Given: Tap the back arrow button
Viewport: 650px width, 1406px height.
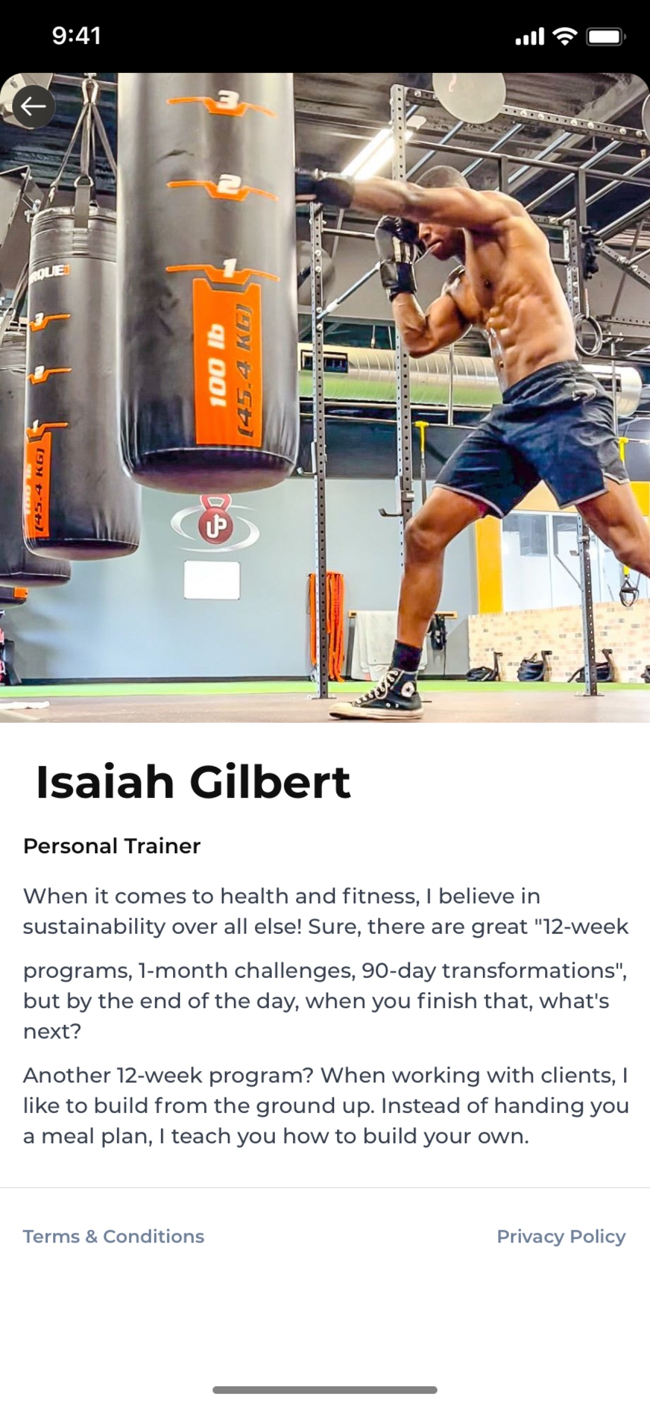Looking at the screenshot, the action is point(33,106).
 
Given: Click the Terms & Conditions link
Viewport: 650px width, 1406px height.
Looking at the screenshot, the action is point(113,1236).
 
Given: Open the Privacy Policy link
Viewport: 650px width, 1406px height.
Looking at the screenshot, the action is point(561,1236).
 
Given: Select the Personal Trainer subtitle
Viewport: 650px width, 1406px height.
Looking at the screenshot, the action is point(112,846).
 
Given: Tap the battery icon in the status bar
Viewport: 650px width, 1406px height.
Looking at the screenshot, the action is point(606,36).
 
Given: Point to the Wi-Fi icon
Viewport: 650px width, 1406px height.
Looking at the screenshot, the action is point(565,36).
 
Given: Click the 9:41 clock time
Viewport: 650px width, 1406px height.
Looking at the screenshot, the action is point(77,36).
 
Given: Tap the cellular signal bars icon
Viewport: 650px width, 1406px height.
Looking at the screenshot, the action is point(530,36).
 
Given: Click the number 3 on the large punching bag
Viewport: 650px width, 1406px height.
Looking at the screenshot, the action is point(225,100).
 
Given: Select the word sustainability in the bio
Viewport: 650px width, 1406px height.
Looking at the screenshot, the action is point(94,927).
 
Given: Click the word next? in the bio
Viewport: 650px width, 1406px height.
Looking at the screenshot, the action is point(52,1031).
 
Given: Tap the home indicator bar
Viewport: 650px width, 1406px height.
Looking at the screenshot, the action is point(324,1390).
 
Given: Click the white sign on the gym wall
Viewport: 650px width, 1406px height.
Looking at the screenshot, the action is point(212,580).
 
